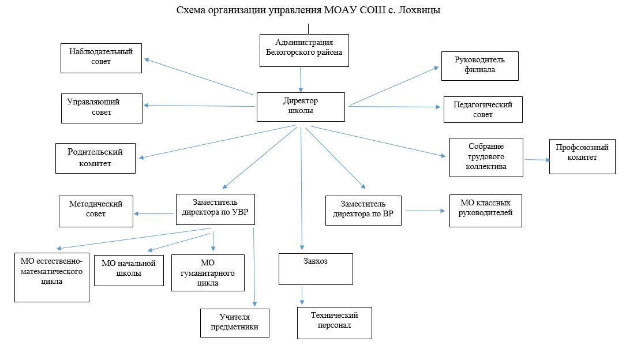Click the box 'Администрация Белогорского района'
tap(304, 50)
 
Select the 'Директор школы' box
tap(301, 107)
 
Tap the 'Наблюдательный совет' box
tap(101, 58)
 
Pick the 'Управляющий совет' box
tap(102, 108)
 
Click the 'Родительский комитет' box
tap(95, 159)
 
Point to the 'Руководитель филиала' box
tap(480, 66)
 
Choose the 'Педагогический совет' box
tap(483, 110)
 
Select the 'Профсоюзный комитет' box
tap(582, 156)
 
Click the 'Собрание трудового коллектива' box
tap(486, 157)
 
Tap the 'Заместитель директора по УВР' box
tap(215, 209)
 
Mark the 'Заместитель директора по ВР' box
tap(363, 211)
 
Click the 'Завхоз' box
tap(316, 269)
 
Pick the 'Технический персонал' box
tap(335, 323)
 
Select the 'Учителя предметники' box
tap(235, 323)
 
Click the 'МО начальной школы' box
tap(129, 271)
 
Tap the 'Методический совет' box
tap(96, 212)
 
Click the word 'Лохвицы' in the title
tap(419, 10)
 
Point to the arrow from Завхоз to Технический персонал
tap(302, 295)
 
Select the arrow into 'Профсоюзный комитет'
tap(538, 160)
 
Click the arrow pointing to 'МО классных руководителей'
tap(426, 211)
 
